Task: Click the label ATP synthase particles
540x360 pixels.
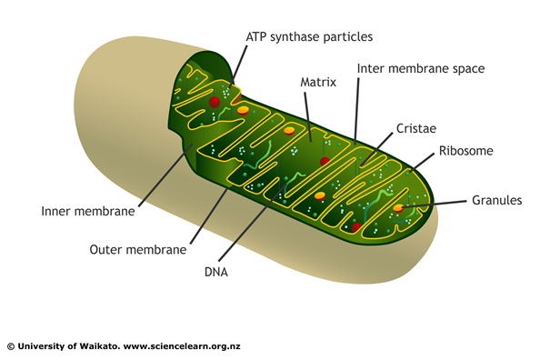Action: click(309, 36)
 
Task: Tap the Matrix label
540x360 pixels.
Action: click(318, 82)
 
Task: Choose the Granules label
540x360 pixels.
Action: click(495, 201)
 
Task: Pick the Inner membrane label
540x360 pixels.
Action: click(87, 212)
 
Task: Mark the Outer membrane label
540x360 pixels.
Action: click(138, 248)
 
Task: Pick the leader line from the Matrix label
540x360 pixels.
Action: click(310, 114)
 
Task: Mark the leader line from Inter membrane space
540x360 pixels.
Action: click(357, 108)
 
